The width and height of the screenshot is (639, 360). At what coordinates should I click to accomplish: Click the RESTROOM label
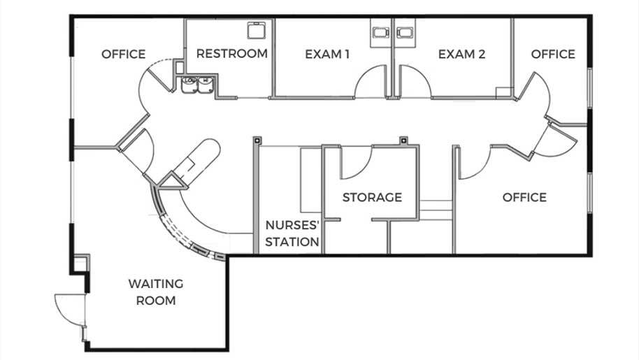click(231, 54)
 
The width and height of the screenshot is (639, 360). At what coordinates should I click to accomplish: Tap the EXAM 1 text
click(327, 54)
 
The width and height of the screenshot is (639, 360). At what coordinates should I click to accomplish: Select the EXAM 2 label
click(461, 54)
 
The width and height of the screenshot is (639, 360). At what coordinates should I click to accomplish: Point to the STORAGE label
click(372, 197)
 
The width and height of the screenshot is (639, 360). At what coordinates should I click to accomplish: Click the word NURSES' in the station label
click(292, 226)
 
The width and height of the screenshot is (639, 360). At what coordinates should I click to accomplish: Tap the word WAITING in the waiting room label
click(155, 285)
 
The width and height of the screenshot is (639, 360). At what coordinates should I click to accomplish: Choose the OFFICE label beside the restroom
click(123, 54)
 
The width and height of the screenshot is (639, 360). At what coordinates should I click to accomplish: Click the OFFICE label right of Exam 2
click(552, 54)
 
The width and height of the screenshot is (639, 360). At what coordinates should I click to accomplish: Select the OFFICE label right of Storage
click(524, 197)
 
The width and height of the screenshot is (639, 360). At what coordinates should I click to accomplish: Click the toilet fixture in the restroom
click(257, 31)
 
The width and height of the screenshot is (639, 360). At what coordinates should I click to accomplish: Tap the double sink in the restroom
click(196, 85)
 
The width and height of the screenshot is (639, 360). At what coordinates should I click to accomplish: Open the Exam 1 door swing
click(371, 82)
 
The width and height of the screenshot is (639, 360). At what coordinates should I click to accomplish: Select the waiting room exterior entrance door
click(69, 308)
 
